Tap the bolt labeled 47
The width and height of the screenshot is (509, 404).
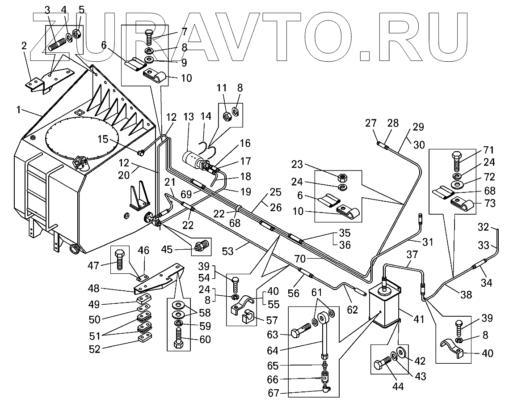click(120, 259)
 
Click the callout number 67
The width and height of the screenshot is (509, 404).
click(273, 394)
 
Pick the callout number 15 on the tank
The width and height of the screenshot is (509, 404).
click(103, 139)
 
